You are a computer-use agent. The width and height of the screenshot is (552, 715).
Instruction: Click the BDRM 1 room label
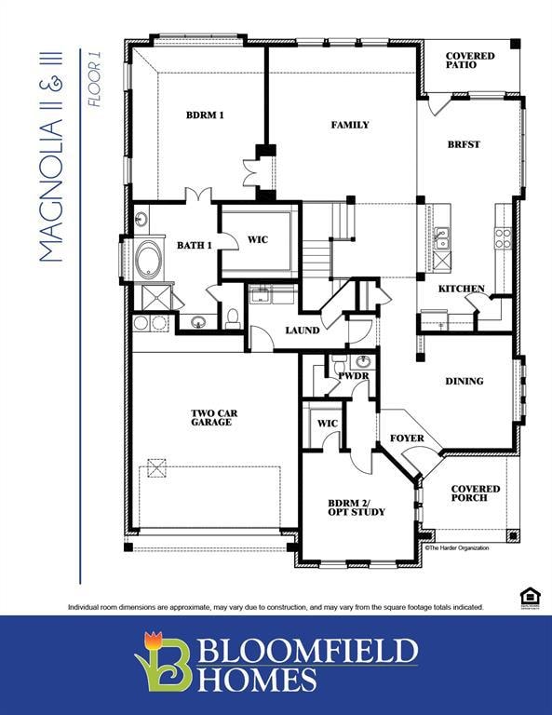pyautogui.click(x=205, y=115)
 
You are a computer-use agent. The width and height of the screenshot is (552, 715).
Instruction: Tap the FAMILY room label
pyautogui.click(x=350, y=125)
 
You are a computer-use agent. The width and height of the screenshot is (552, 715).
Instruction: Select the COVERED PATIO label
pyautogui.click(x=470, y=61)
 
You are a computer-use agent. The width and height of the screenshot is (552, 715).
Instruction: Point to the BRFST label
pyautogui.click(x=464, y=144)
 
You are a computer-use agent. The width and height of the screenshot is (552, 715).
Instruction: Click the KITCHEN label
pyautogui.click(x=461, y=289)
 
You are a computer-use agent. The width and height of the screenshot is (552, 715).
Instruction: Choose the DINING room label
pyautogui.click(x=464, y=381)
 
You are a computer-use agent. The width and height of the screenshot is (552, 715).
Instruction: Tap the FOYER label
pyautogui.click(x=407, y=438)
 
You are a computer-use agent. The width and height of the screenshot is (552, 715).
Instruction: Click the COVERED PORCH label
pyautogui.click(x=475, y=493)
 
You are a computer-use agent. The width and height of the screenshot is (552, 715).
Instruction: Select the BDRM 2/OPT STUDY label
pyautogui.click(x=356, y=507)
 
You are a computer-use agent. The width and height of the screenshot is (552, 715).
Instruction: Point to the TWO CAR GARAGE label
pyautogui.click(x=211, y=418)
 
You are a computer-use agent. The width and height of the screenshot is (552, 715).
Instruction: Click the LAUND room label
pyautogui.click(x=303, y=331)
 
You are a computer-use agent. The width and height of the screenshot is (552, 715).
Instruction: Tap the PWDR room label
pyautogui.click(x=354, y=377)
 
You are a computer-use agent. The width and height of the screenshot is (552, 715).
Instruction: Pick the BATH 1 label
pyautogui.click(x=195, y=245)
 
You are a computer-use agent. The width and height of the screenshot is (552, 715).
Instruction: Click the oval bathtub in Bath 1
pyautogui.click(x=148, y=260)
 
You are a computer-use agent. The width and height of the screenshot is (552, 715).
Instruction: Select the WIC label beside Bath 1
pyautogui.click(x=258, y=240)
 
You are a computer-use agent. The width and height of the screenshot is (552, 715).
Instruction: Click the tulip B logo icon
pyautogui.click(x=164, y=663)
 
